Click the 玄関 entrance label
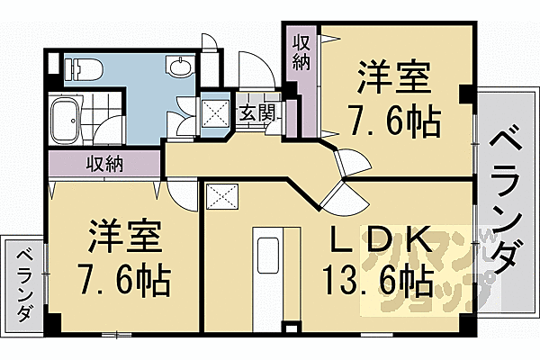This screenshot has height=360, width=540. click(x=255, y=112)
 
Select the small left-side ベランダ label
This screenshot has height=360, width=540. click(x=25, y=283)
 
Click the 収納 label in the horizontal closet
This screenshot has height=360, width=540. click(x=105, y=165)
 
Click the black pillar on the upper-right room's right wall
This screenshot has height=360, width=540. click(x=465, y=94)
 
